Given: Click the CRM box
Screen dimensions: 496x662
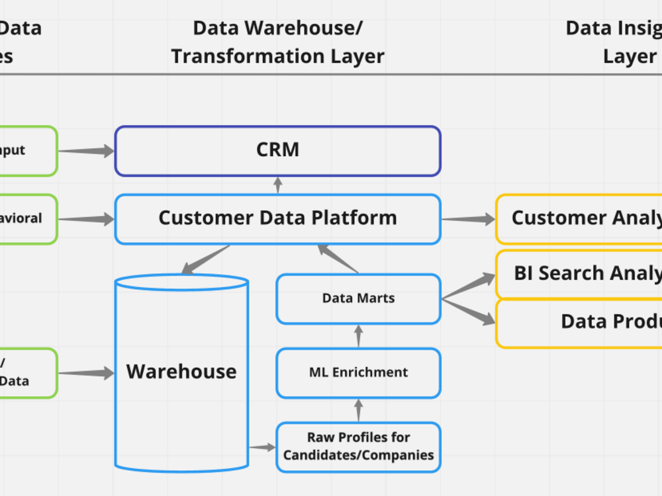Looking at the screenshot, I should point(277,151).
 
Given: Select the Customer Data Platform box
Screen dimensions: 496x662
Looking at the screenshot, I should point(277,218).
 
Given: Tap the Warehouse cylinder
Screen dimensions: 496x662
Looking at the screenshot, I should point(181,372).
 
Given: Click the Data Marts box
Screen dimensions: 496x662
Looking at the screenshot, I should point(358,299).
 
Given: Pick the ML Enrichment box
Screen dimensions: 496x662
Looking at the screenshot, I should point(358,373).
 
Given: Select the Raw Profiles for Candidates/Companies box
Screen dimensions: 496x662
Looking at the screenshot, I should point(358,447).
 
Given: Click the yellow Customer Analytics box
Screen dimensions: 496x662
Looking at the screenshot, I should point(579,218).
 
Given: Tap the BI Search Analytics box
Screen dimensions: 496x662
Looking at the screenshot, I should point(579,273).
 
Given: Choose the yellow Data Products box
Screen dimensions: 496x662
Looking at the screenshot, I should point(579,322).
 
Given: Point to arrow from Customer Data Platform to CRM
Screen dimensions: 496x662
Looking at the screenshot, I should point(278,185).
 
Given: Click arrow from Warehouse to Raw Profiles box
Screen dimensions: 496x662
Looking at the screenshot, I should point(263,448).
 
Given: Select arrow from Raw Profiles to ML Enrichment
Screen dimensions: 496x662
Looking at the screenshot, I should point(359,410).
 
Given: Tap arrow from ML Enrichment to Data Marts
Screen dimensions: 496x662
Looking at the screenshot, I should point(359,336).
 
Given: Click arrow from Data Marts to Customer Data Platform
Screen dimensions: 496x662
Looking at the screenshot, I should point(338,259).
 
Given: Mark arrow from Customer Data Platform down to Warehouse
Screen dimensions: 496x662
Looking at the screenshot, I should point(206,259).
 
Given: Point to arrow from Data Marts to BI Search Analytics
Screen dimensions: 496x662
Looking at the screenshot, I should point(469,287).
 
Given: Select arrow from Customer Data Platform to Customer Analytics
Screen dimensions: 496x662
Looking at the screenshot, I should point(468,219).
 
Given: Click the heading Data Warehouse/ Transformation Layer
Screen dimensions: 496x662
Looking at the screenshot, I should point(277,42).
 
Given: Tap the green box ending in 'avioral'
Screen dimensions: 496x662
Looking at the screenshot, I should point(26,218).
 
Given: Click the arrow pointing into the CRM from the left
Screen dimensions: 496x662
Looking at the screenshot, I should point(86,151).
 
